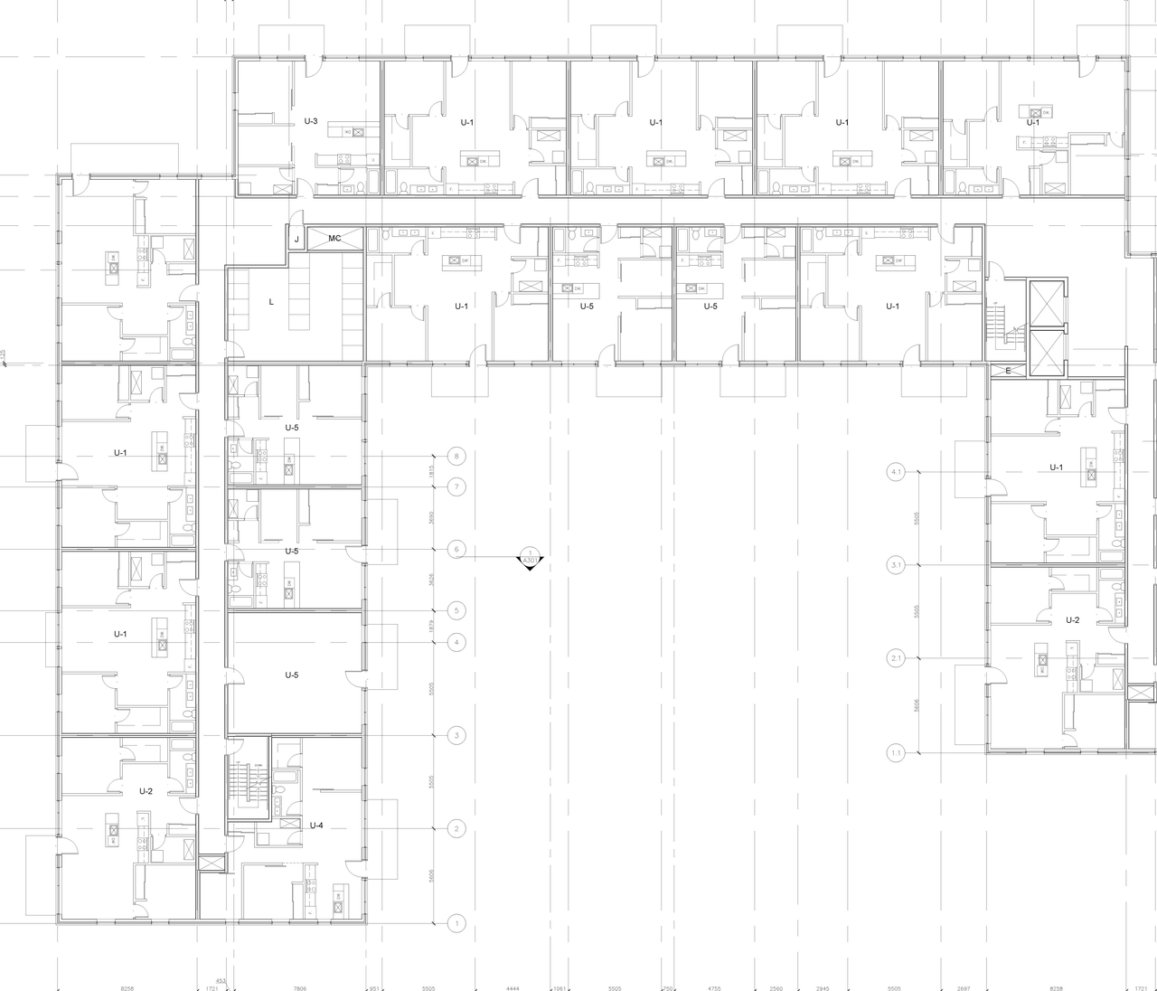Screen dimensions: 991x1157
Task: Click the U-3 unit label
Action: (x=310, y=120)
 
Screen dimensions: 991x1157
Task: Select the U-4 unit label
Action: (x=316, y=825)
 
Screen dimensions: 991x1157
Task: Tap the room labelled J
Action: (x=296, y=239)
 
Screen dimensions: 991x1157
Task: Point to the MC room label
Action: (x=334, y=239)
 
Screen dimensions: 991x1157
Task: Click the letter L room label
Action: (x=271, y=302)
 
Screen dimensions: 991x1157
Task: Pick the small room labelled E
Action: (x=1008, y=371)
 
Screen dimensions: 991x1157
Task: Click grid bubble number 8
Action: (x=457, y=457)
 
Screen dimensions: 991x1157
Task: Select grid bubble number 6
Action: (x=457, y=550)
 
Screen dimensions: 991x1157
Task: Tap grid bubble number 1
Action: (x=457, y=923)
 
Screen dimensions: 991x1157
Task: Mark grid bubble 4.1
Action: (x=897, y=472)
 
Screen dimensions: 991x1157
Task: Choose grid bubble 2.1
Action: (x=897, y=658)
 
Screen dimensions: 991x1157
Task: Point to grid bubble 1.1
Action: (x=897, y=752)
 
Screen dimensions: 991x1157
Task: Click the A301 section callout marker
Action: (x=531, y=560)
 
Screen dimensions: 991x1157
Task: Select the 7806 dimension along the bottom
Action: (x=299, y=988)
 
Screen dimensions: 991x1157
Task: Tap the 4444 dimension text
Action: (x=513, y=988)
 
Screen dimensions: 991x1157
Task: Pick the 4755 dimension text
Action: (x=714, y=988)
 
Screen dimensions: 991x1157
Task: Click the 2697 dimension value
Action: (x=964, y=988)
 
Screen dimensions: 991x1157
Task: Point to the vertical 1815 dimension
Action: (x=433, y=472)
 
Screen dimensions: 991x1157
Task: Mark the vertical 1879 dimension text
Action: (x=433, y=627)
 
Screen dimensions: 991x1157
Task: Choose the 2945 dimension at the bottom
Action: (x=822, y=988)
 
